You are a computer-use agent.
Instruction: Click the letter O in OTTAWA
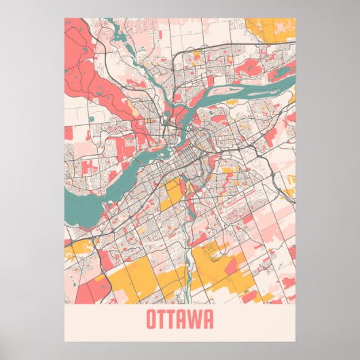click(x=151, y=319)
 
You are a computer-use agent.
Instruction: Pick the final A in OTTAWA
click(x=207, y=319)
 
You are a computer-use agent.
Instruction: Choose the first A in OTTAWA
click(x=183, y=319)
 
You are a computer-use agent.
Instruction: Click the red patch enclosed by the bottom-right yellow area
click(x=232, y=266)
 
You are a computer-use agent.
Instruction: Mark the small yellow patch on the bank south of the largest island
click(x=232, y=103)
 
